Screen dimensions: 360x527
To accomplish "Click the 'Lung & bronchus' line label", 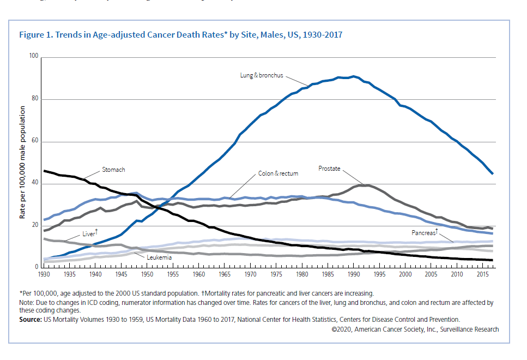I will [261, 75].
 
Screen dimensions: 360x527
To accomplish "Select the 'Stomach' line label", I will [113, 170].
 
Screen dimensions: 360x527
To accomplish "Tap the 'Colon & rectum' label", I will [278, 173].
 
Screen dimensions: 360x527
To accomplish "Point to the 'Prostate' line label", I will [329, 169].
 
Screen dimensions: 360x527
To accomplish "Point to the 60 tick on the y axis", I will [35, 141].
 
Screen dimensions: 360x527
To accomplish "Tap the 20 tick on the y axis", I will [35, 225].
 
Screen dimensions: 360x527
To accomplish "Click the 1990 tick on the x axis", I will [354, 273].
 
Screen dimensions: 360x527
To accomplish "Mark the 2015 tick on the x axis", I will [483, 273].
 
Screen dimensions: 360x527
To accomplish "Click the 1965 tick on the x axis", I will [225, 273].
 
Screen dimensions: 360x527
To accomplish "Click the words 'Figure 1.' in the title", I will [36, 35].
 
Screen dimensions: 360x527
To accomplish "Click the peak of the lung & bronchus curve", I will [354, 76].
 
